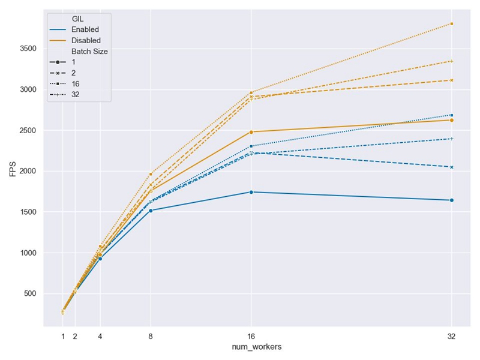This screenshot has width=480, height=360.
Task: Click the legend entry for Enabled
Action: coord(85,29)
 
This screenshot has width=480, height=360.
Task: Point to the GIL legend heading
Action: coord(77,19)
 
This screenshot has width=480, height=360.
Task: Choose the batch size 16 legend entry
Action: coord(75,83)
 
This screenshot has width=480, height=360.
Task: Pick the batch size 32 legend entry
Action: coord(75,94)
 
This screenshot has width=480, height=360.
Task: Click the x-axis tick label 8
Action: coord(150,337)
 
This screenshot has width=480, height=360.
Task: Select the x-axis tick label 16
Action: coord(251,337)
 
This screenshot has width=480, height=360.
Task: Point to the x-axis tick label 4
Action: coord(100,337)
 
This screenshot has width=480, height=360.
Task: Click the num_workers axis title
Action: coord(256,347)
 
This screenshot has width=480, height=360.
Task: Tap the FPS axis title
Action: coord(13,171)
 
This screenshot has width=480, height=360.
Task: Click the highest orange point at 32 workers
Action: coord(451,23)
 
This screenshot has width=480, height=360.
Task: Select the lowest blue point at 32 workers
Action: coord(451,200)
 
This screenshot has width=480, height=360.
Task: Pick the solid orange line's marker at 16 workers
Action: coord(251,132)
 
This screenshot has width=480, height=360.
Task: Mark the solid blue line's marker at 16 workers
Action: coord(251,192)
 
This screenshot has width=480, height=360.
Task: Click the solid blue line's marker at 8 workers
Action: coord(150,211)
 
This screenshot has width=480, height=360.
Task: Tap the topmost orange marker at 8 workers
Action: coord(150,174)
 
